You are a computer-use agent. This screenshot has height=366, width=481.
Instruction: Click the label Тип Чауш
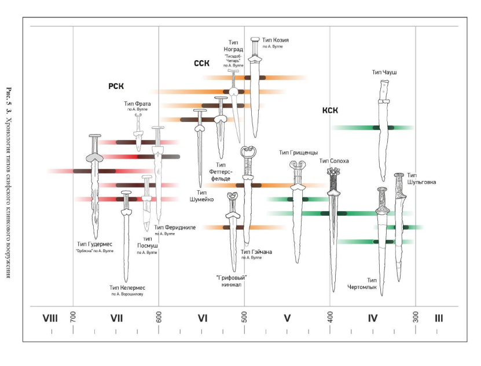[x=384, y=72]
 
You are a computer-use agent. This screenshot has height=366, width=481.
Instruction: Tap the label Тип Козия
[x=275, y=40]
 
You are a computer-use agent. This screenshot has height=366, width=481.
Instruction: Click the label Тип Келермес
[x=128, y=287]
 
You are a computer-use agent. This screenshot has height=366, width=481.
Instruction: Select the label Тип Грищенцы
[x=298, y=153]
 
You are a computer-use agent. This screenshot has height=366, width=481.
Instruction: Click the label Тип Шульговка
[x=421, y=178]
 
